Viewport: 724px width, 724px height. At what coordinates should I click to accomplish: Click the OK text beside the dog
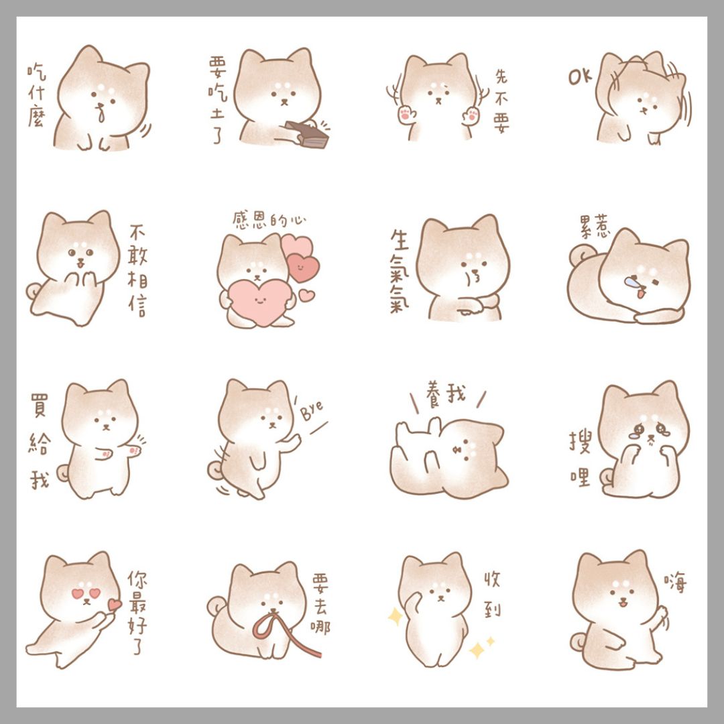[x=581, y=77]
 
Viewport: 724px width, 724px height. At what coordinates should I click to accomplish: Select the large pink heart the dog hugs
[x=260, y=302]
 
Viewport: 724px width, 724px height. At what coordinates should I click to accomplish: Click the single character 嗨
[x=676, y=583]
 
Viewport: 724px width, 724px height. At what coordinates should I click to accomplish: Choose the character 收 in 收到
[x=492, y=579]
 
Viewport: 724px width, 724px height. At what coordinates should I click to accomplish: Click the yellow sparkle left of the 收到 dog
[x=395, y=617]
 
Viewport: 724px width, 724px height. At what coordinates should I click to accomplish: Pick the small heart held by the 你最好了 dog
[x=115, y=605]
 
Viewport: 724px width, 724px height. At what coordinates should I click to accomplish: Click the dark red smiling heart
[x=302, y=267]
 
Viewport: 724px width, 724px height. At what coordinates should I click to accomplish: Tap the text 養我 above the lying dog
[x=446, y=395]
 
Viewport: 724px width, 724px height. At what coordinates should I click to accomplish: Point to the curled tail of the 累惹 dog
[x=581, y=255]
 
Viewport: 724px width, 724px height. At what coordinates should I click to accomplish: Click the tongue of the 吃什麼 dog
[x=101, y=115]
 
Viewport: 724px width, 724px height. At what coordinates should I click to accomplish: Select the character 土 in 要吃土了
[x=217, y=113]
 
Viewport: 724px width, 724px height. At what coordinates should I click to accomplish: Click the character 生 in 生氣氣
[x=400, y=240]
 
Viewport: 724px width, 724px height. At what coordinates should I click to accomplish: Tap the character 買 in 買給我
[x=39, y=406]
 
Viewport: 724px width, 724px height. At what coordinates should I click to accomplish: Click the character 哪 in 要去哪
[x=320, y=627]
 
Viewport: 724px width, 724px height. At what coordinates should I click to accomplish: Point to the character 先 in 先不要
[x=501, y=76]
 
